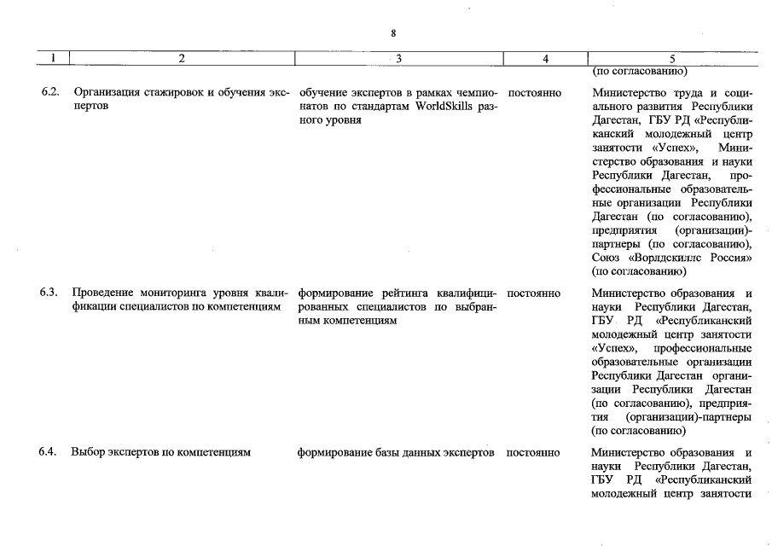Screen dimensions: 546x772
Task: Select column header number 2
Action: pos(182,59)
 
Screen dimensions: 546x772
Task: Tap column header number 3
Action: pos(399,59)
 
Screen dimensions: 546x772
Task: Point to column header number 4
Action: pos(545,59)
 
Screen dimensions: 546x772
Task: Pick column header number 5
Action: pos(672,59)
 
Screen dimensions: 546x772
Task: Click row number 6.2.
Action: pos(49,92)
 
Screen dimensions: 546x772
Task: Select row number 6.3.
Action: pos(49,293)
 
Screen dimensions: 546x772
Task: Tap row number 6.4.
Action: pos(49,452)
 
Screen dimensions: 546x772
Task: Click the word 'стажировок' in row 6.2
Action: pos(172,92)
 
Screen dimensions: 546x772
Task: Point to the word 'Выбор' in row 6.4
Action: pos(90,452)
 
